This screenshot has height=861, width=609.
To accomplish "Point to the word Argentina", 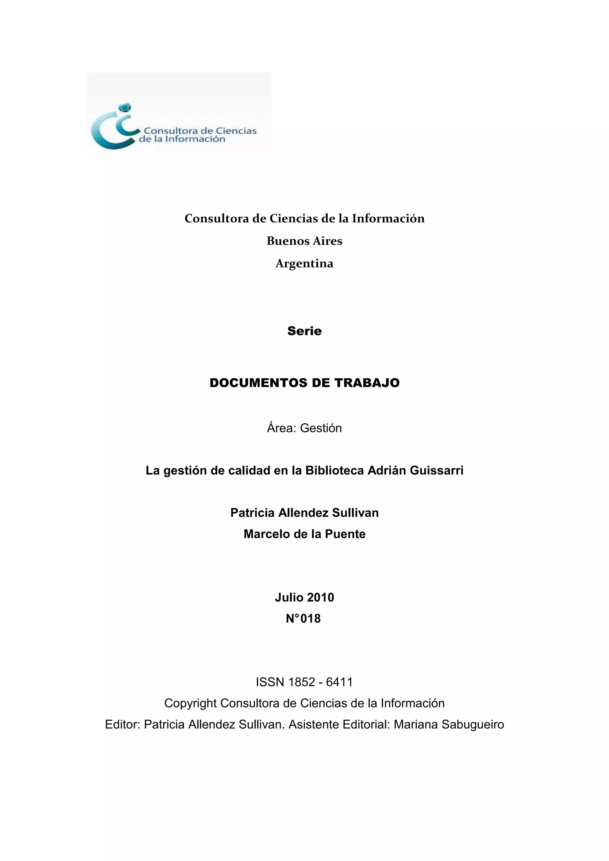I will click(304, 264).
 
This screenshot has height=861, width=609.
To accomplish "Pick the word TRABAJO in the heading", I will click(367, 383).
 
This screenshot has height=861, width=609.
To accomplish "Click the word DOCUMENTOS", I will click(258, 383).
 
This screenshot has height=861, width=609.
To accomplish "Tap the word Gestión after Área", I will click(321, 428).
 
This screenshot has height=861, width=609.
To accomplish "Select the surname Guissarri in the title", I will click(437, 470).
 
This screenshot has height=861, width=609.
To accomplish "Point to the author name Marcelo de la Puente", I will click(304, 534).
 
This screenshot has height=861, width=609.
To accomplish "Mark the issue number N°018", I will click(303, 618).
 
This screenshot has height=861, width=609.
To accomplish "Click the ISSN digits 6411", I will click(339, 682).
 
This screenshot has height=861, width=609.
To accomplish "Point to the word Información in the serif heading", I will click(388, 219).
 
